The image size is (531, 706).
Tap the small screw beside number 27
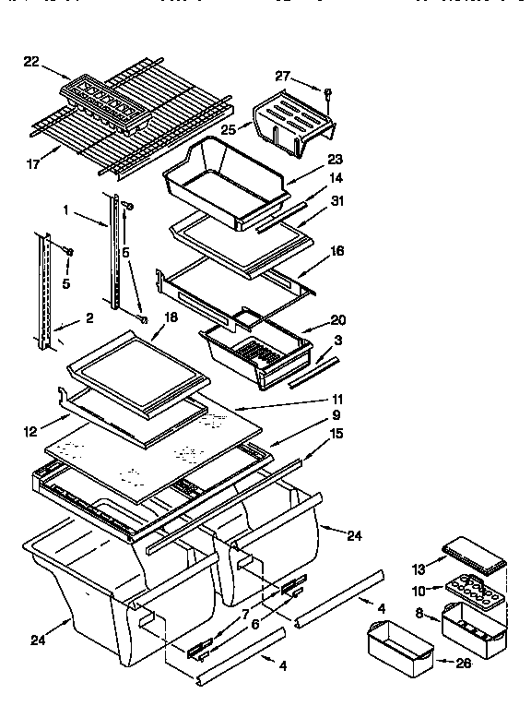pyautogui.click(x=328, y=91)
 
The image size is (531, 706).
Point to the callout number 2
pyautogui.click(x=89, y=319)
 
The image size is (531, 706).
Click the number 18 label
pyautogui.click(x=170, y=316)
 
